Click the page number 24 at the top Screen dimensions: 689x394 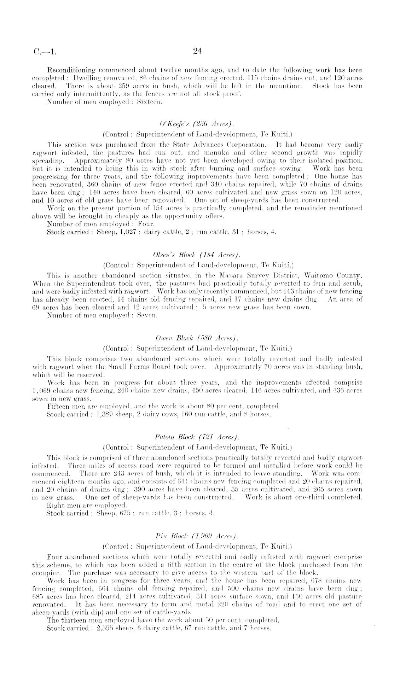[x=197, y=52]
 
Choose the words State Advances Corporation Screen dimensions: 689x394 [x=227, y=145]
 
